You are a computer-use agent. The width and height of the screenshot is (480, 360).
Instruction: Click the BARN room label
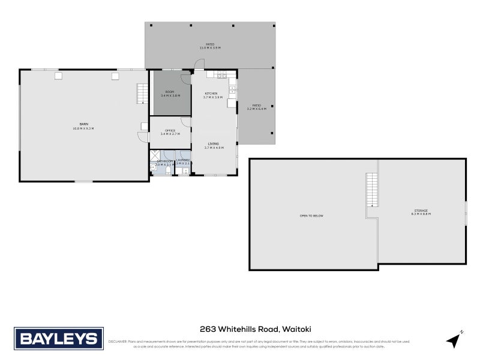coord(83,124)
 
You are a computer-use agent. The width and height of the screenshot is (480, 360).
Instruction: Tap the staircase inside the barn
coord(142,94)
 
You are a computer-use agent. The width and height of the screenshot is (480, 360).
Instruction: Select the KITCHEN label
coord(211,94)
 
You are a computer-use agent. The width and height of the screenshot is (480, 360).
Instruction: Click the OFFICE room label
coord(170,130)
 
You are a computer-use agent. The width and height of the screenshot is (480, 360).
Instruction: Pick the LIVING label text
coord(214,143)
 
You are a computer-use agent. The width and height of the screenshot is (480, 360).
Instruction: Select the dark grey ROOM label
coord(170,92)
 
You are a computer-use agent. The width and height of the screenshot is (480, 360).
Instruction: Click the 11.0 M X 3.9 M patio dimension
coord(210,48)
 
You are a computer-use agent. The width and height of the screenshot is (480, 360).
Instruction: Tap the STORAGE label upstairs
coord(421,211)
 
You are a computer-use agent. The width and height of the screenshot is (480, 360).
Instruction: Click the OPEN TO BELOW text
coord(312,215)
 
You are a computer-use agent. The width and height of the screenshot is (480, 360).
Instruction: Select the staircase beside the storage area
coord(373,189)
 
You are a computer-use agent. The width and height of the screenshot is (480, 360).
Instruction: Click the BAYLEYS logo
coord(59,338)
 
